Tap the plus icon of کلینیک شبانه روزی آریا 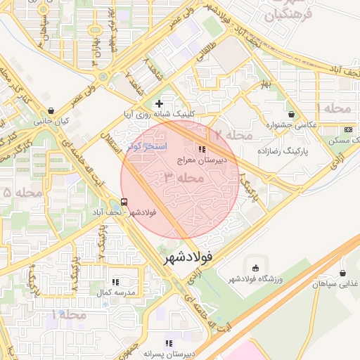point(160,103)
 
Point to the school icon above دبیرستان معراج point(202,149)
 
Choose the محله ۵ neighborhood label point(17,192)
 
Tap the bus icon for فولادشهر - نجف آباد point(124,202)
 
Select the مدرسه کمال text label point(113,292)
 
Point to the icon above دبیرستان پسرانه point(168,342)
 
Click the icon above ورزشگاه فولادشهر point(255,268)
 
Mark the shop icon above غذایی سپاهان point(342,273)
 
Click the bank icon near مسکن point(348,129)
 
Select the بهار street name point(265,85)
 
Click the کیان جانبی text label point(54,122)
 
